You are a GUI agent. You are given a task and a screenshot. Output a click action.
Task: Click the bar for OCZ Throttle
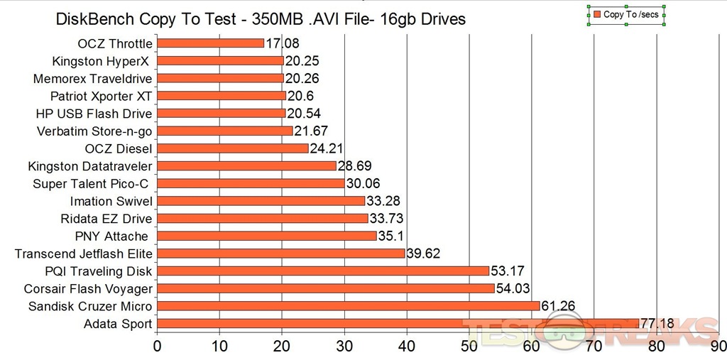coord(210,43)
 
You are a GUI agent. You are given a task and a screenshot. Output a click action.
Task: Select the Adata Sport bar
coord(398,324)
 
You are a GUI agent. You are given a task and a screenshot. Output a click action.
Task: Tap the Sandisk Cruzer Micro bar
coord(348,306)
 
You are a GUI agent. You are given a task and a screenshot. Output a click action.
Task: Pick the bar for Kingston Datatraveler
coord(246,166)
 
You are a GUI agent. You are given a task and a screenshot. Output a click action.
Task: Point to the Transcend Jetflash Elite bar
coord(280,253)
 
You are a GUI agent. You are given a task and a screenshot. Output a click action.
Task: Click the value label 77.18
coord(658,324)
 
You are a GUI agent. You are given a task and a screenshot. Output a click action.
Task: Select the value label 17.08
coord(283,43)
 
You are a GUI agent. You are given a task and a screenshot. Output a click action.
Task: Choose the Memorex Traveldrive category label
coord(92,78)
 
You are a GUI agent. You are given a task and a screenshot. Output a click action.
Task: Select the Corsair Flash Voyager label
coord(88,289)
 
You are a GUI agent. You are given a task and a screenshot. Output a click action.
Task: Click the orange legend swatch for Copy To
coord(597,14)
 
